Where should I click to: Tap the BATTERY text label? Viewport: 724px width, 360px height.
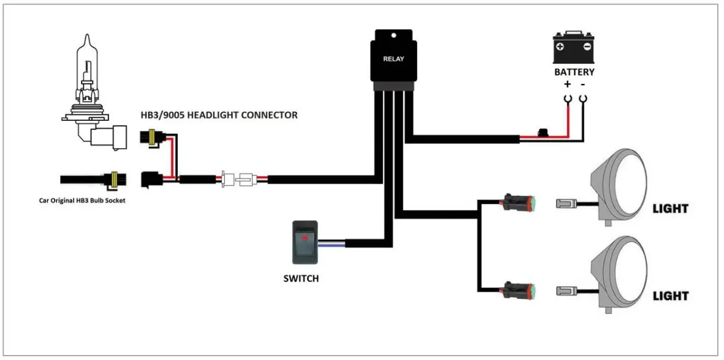coord(574,72)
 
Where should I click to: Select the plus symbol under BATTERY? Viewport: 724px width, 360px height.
coord(566,84)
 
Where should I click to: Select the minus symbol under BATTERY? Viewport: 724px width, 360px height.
coord(583,84)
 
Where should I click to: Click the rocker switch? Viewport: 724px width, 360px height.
coord(305,242)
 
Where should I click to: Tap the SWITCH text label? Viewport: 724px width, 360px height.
coord(301,278)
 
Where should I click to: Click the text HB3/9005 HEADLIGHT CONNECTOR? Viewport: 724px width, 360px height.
coord(219,115)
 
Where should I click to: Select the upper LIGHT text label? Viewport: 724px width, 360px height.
coord(670,209)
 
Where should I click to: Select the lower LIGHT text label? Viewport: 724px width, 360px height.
coord(670,296)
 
